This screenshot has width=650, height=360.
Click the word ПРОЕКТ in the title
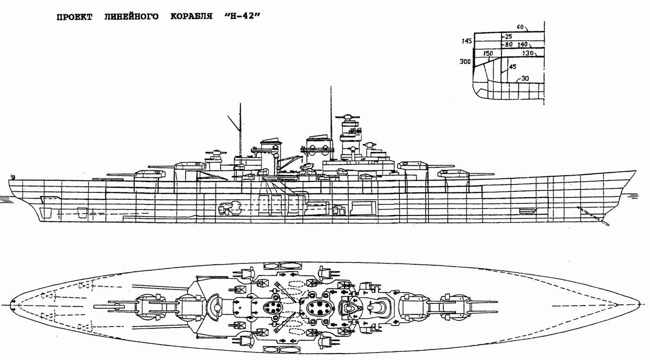pyautogui.click(x=75, y=17)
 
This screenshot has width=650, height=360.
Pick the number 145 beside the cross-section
pyautogui.click(x=467, y=41)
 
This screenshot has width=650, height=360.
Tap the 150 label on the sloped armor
pyautogui.click(x=487, y=53)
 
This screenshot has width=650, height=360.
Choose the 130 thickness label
pyautogui.click(x=528, y=53)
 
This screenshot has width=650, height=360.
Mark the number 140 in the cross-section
pyautogui.click(x=524, y=44)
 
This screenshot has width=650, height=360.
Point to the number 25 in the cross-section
pyautogui.click(x=508, y=36)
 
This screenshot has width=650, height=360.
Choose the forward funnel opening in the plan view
pyautogui.click(x=320, y=307)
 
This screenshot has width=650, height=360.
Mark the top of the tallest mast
pyautogui.click(x=331, y=87)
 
